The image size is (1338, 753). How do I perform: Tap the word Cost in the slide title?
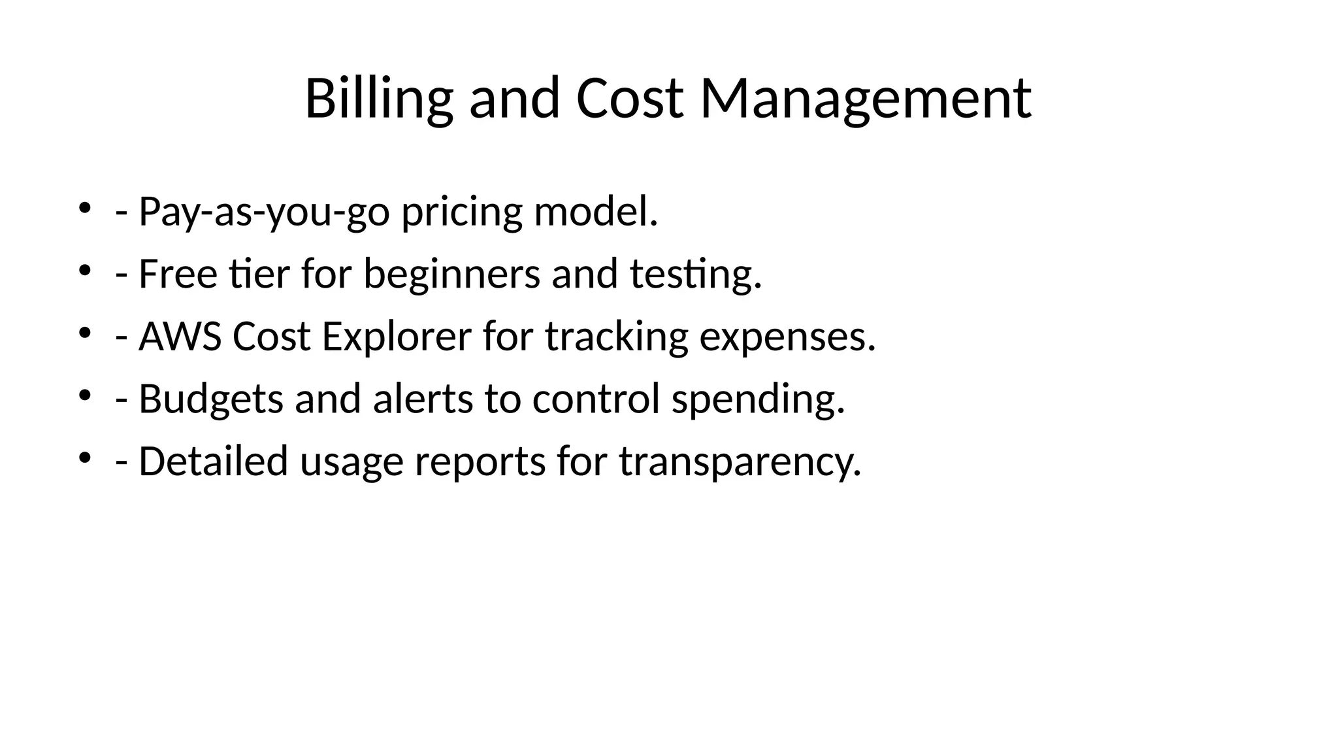point(629,99)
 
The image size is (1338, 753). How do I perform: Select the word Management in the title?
point(866,99)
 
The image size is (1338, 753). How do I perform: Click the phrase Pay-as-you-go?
point(264,212)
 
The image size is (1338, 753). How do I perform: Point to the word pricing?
point(462,212)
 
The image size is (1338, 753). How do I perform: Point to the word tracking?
point(616,337)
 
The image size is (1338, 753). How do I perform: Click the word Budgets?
point(211,399)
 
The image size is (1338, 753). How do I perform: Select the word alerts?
point(423,399)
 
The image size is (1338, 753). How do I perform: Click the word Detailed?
point(213,461)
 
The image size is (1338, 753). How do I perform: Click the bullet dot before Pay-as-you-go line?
point(84,209)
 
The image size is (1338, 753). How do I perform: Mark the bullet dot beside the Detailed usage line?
point(84,458)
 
